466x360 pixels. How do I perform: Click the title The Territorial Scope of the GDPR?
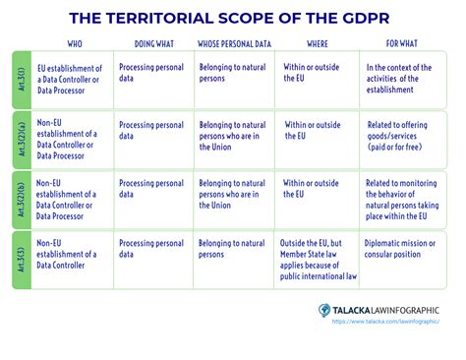click(x=233, y=19)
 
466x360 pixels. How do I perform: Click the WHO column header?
click(x=74, y=44)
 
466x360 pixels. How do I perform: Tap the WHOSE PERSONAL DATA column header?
click(x=235, y=44)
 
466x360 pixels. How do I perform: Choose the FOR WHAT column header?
click(x=400, y=44)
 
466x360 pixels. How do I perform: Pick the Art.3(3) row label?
click(x=20, y=256)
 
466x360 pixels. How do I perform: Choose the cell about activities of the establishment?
click(x=405, y=78)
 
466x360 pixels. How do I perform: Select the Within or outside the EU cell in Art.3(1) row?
click(x=309, y=74)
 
